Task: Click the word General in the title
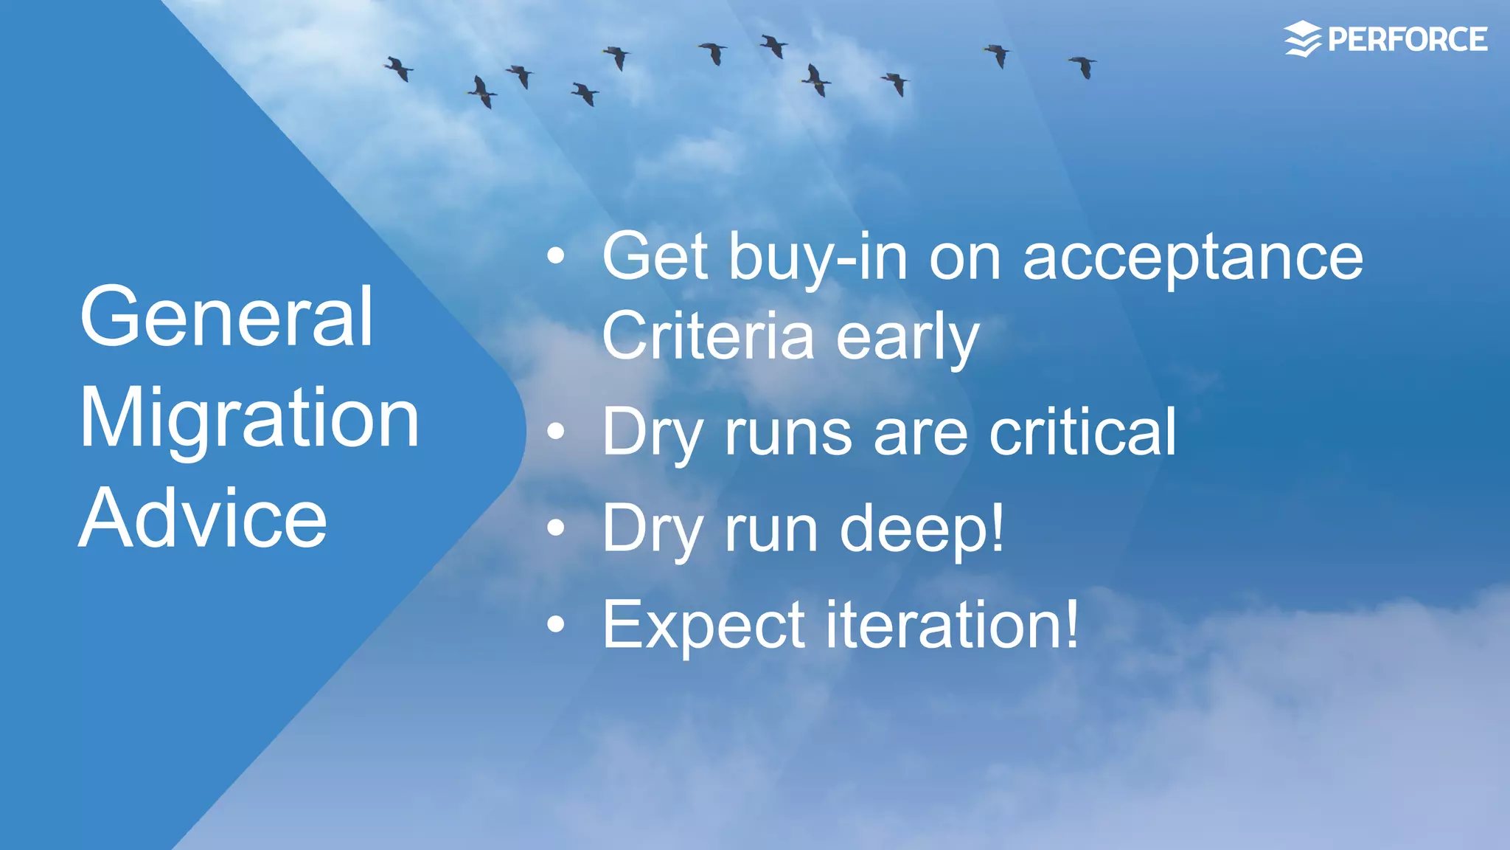[226, 317]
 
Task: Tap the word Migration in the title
[249, 418]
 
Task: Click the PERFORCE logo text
[1407, 40]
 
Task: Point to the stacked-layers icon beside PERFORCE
[1303, 39]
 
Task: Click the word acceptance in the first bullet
[1192, 258]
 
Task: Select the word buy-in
[818, 258]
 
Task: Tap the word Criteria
[707, 336]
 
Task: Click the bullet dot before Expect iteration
[556, 625]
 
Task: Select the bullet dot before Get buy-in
[556, 257]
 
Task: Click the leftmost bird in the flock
[399, 69]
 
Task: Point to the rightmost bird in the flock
[1083, 66]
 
